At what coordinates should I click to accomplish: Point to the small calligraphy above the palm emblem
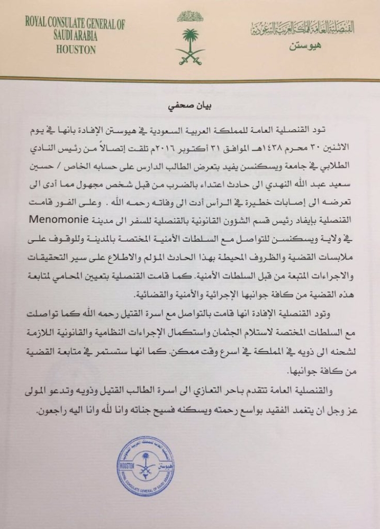click(x=190, y=16)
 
